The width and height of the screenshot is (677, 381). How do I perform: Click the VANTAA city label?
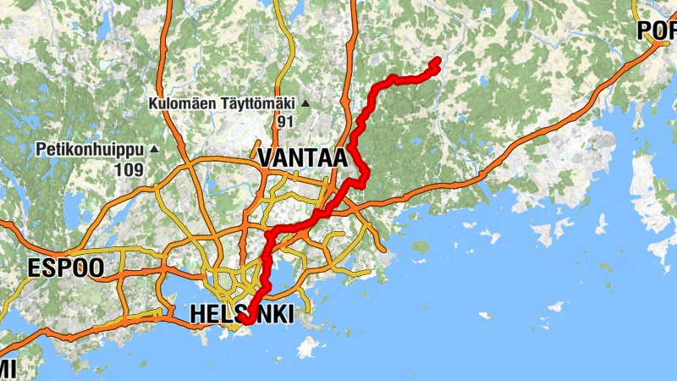click(x=303, y=157)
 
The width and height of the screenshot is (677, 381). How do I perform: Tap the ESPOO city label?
click(x=65, y=268)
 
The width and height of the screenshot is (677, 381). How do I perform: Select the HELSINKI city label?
click(x=242, y=314)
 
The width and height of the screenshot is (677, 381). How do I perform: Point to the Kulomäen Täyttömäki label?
click(x=221, y=104)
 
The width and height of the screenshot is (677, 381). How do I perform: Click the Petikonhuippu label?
click(x=91, y=150)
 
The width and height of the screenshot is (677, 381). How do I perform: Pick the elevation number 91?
click(x=285, y=121)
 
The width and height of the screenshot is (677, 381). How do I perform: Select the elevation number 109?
click(x=131, y=169)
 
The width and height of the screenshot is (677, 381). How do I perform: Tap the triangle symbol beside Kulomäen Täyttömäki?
click(x=305, y=104)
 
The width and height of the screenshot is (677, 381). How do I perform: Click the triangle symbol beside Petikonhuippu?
click(x=154, y=150)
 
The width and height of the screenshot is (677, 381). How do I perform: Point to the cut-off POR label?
click(x=657, y=31)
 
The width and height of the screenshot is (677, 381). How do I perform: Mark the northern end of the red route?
click(x=437, y=60)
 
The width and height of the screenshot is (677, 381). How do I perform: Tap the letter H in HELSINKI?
click(x=198, y=314)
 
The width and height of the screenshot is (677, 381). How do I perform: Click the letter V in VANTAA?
click(x=266, y=157)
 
